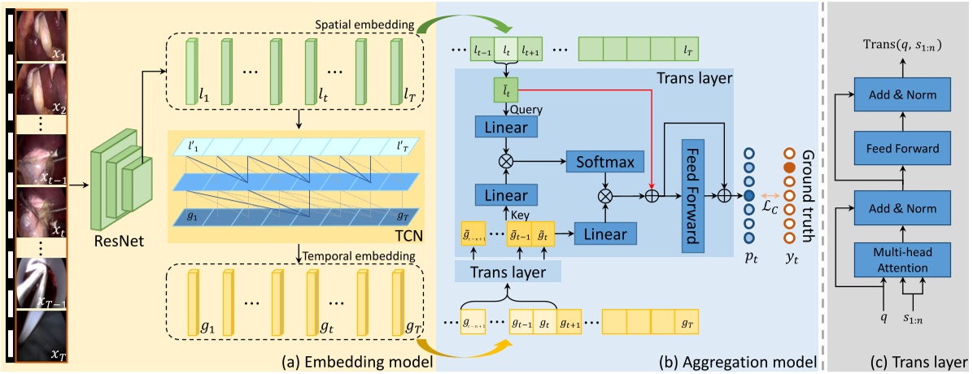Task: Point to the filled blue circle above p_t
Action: pyautogui.click(x=748, y=196)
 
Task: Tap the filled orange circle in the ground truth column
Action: pyautogui.click(x=787, y=167)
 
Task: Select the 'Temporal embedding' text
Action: pyautogui.click(x=360, y=256)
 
